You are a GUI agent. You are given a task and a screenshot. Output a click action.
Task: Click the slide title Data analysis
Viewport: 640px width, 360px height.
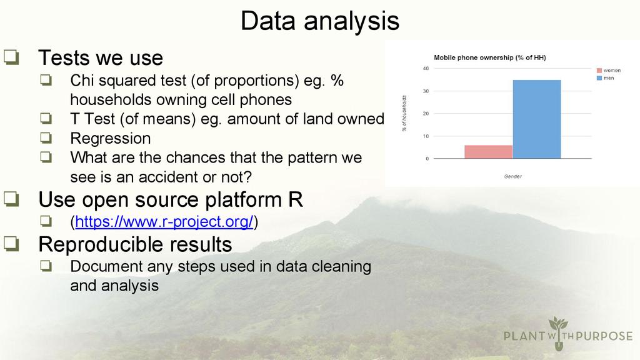click(319, 21)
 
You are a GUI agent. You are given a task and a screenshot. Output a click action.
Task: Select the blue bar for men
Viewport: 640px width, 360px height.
click(537, 119)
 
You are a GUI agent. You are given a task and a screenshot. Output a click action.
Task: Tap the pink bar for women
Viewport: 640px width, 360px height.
click(489, 152)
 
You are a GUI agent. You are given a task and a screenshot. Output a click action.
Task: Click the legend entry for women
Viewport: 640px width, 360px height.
click(609, 70)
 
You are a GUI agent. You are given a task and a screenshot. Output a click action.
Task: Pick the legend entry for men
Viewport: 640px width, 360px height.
click(605, 78)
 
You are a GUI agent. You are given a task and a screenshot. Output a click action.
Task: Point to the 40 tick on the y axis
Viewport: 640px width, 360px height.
click(426, 69)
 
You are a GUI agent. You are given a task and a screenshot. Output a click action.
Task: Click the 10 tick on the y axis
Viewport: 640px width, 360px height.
click(426, 136)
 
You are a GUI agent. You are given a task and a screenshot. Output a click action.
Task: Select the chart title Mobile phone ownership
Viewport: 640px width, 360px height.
click(490, 57)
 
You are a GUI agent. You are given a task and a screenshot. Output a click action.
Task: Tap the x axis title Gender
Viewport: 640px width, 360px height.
click(512, 176)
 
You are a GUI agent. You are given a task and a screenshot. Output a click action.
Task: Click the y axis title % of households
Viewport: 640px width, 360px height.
click(404, 114)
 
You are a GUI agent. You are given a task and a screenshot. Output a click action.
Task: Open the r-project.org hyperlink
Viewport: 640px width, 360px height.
click(164, 222)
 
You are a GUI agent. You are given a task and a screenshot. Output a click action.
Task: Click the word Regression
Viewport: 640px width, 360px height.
click(110, 138)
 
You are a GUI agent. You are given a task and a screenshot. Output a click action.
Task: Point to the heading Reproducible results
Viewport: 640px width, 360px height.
click(135, 244)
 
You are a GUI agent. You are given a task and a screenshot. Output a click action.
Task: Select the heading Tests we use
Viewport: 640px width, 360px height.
click(101, 57)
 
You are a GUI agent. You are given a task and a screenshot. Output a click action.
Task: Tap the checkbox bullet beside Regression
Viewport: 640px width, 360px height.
click(46, 137)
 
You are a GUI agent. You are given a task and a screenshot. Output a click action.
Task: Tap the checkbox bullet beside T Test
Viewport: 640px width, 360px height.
click(46, 118)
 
